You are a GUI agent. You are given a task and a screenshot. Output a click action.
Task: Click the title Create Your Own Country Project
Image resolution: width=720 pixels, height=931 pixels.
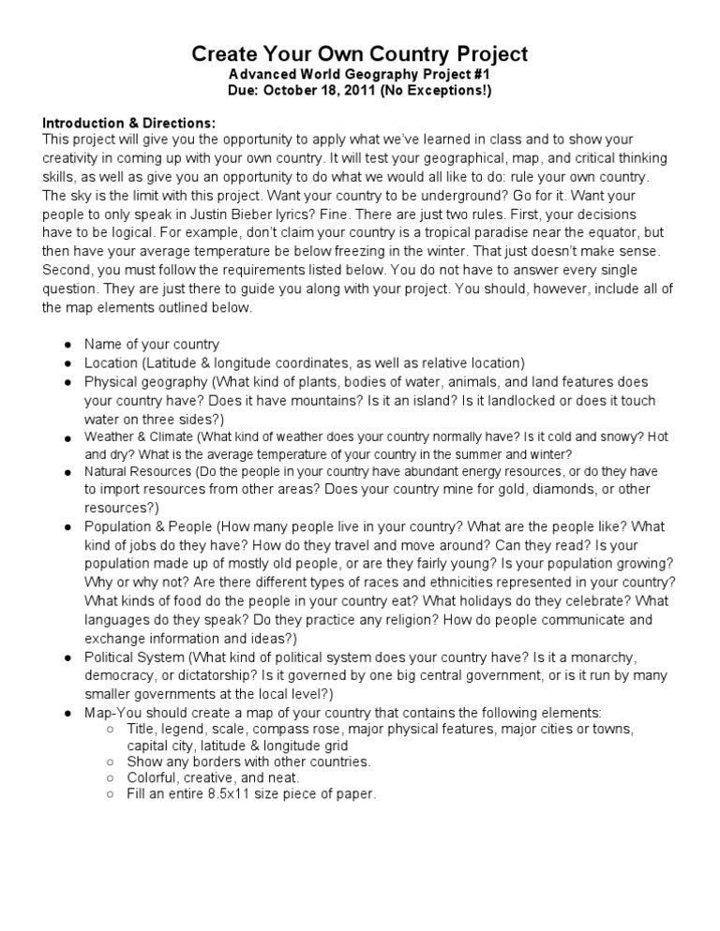tap(360, 53)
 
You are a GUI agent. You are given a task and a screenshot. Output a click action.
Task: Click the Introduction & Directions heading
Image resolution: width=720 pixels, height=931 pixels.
tap(129, 124)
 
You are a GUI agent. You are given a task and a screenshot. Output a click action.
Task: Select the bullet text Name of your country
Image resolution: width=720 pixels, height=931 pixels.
tap(152, 345)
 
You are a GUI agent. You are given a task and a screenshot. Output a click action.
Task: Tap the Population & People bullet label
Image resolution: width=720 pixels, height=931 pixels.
tap(150, 526)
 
